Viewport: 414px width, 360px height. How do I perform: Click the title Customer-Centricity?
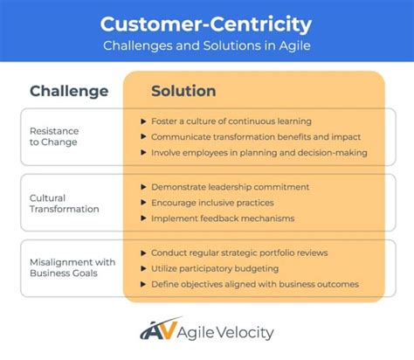pos(206,23)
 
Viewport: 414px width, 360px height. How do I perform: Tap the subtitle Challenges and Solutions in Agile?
pos(206,45)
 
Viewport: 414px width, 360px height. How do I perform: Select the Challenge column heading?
pos(69,91)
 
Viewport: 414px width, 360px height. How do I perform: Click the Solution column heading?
pos(183,91)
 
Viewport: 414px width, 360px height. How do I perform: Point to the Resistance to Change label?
pos(53,137)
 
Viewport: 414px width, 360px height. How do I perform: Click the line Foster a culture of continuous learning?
pos(231,121)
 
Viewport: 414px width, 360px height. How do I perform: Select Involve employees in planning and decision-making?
pos(259,153)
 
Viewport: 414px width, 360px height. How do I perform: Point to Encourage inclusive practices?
pos(211,202)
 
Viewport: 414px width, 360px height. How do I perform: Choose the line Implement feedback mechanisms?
pos(223,218)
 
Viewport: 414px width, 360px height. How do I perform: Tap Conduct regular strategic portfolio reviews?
pos(239,253)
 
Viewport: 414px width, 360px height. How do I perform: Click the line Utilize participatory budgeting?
pos(214,268)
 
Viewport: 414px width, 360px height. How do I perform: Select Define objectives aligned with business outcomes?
pos(255,284)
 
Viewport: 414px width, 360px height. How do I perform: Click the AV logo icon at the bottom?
pos(156,331)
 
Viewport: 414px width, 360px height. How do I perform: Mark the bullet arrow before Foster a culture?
pos(142,121)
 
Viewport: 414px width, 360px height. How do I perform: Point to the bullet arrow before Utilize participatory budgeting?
pos(142,268)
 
